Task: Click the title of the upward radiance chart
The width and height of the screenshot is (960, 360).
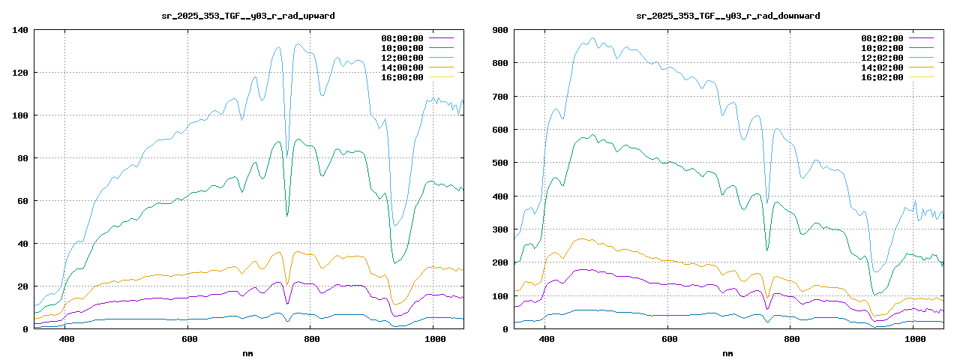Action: click(248, 15)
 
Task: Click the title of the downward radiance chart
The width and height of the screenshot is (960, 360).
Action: click(727, 15)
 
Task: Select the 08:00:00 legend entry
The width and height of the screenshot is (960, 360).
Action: click(402, 38)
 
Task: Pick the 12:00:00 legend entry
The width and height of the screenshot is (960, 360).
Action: click(402, 58)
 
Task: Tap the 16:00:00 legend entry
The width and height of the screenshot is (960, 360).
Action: click(402, 77)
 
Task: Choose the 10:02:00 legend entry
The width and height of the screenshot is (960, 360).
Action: click(882, 48)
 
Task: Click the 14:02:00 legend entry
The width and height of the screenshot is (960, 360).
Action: click(882, 67)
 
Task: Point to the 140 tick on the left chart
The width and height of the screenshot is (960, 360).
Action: click(19, 30)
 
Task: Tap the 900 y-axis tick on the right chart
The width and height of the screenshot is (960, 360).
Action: click(499, 30)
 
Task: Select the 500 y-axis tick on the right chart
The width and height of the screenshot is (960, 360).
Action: click(499, 163)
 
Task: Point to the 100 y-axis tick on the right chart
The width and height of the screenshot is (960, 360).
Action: click(499, 296)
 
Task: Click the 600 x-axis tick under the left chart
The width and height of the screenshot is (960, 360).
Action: click(187, 340)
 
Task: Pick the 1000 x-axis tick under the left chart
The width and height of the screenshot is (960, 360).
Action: click(434, 340)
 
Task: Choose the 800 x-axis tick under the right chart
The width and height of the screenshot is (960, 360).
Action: click(790, 340)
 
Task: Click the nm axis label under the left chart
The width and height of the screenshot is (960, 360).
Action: click(248, 352)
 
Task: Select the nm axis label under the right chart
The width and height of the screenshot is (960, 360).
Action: click(727, 352)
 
